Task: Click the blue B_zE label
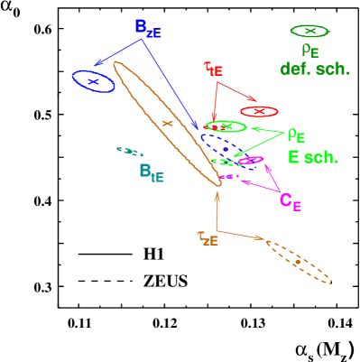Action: (147, 28)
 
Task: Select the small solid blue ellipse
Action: (93, 81)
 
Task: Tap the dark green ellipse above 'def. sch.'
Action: (310, 31)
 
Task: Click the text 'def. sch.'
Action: (314, 69)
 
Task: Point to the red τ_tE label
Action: (213, 67)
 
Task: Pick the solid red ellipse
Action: (260, 111)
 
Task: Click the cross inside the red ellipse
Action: (260, 111)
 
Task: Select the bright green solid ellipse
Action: (226, 126)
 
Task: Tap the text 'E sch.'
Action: (312, 157)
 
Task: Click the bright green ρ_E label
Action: (296, 135)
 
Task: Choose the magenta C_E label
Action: (290, 201)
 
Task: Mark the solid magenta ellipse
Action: (250, 161)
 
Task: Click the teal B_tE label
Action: (152, 172)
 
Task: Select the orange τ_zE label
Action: (208, 237)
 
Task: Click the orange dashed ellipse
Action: (298, 262)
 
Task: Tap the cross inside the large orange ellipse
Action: (167, 123)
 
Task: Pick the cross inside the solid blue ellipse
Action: (93, 81)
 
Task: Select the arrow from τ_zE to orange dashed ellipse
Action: (242, 236)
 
